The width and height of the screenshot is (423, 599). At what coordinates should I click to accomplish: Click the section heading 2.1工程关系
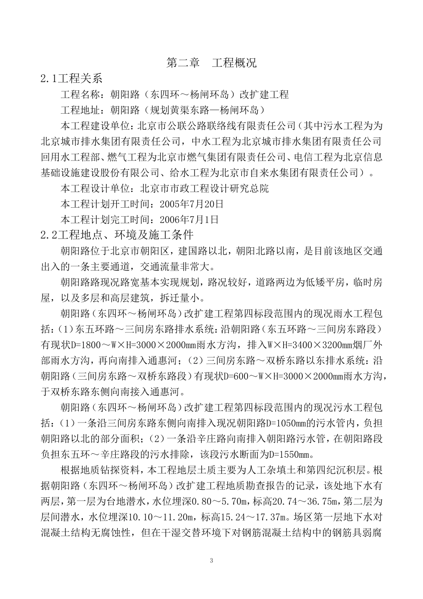71,79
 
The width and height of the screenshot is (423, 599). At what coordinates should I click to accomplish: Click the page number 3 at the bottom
211,560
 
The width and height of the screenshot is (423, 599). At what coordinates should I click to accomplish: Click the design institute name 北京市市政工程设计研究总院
204,189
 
